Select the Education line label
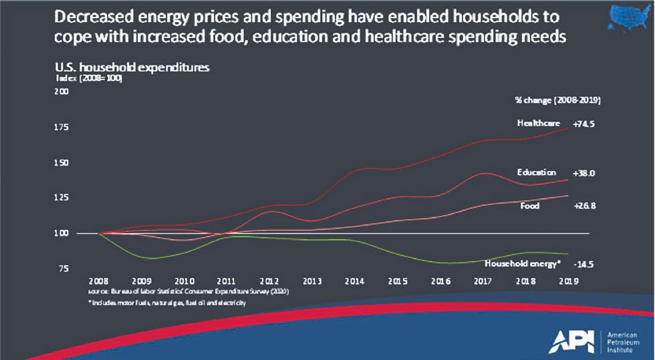[x=537, y=172]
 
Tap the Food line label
[x=530, y=206]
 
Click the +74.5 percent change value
[x=584, y=124]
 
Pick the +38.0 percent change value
[x=584, y=172]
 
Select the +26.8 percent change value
[x=584, y=206]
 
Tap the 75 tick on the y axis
[x=63, y=268]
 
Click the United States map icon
[x=630, y=17]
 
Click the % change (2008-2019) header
[x=557, y=100]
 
